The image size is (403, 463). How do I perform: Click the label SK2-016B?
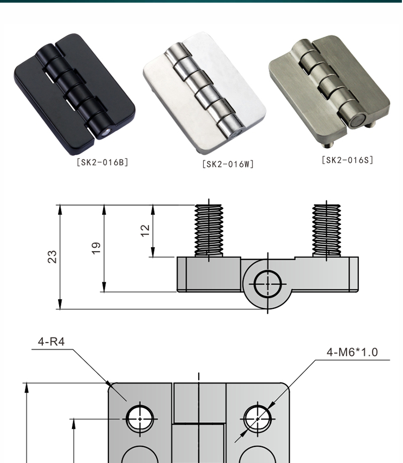point(102,162)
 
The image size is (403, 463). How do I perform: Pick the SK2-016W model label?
point(228,164)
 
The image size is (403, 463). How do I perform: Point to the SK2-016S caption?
point(347,160)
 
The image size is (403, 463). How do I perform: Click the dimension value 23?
point(53,257)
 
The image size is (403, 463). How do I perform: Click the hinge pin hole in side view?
point(267,283)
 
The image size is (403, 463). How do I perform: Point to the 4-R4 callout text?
point(52,342)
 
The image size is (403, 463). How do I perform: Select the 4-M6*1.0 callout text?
point(352,352)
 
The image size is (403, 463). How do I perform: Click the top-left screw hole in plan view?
point(140,417)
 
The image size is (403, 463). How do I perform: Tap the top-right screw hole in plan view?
point(257,417)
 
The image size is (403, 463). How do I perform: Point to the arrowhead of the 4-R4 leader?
point(111,385)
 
